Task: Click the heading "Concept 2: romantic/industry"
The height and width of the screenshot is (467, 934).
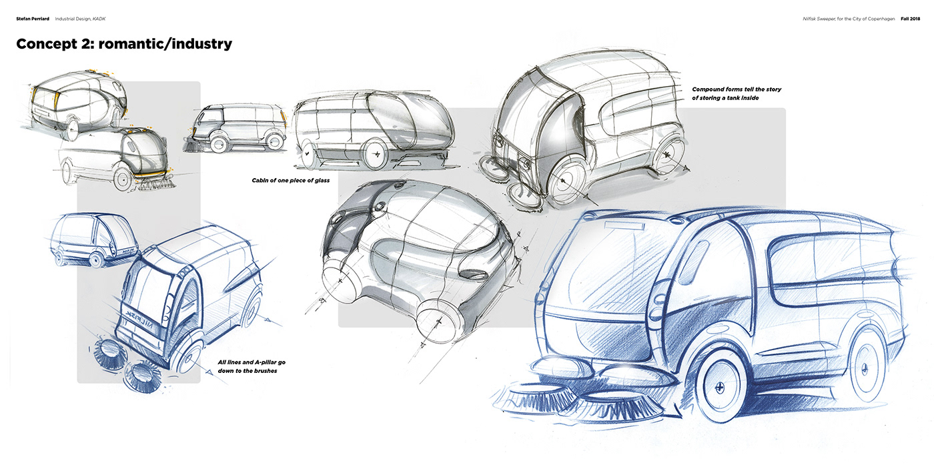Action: [x=124, y=45]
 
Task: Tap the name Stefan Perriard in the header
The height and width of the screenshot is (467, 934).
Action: [x=33, y=19]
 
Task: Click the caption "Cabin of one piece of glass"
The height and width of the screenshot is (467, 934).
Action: [x=291, y=180]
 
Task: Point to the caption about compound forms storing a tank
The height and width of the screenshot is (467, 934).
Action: [x=737, y=93]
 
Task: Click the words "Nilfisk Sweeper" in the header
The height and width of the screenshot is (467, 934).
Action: [x=819, y=19]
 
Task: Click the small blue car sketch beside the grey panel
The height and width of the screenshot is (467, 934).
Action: [x=93, y=239]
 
